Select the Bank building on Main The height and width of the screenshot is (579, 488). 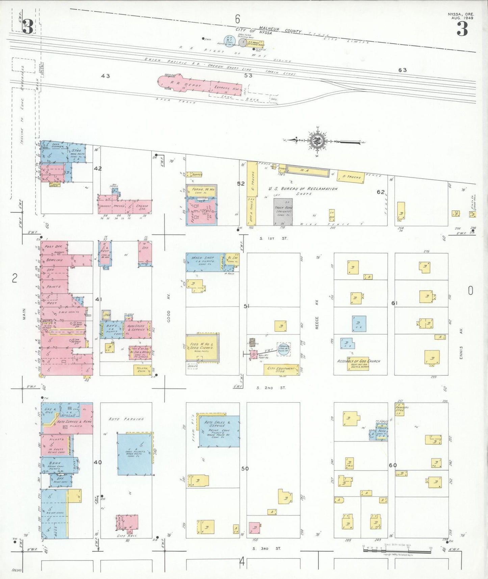[57, 465]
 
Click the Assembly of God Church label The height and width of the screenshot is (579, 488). [358, 361]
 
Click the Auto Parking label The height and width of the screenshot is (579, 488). [126, 419]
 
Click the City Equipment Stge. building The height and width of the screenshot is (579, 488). [281, 370]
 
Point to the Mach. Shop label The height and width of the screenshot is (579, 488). [203, 258]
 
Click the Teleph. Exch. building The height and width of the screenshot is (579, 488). [142, 370]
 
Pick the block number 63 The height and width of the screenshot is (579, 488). [402, 70]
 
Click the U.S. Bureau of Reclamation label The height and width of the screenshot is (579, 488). [303, 189]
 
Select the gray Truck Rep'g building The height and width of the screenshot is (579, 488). [283, 212]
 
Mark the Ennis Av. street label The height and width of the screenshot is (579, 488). [461, 343]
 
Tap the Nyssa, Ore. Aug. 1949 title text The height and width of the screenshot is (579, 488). [461, 16]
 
